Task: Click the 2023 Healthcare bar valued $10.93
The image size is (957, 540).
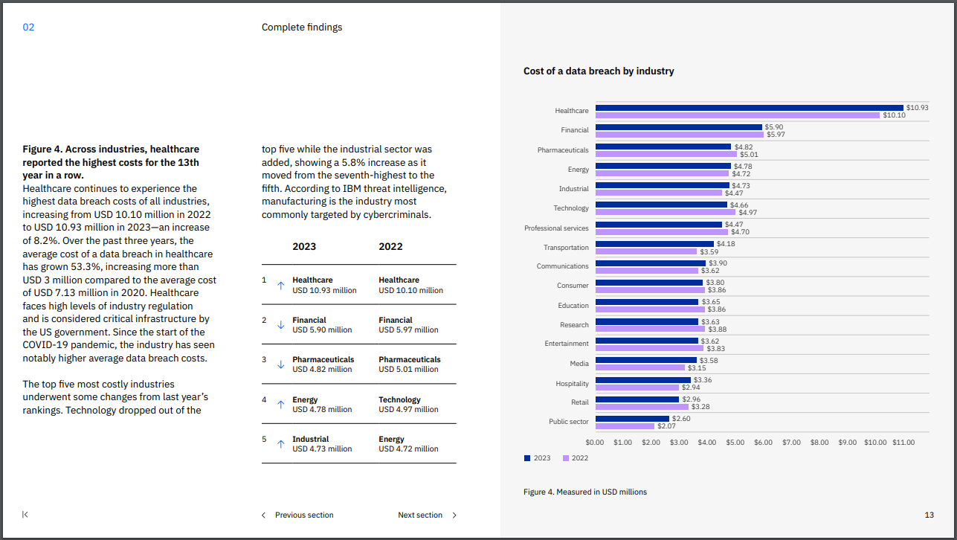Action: tap(749, 108)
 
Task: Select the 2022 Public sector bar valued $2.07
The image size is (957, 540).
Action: tap(625, 426)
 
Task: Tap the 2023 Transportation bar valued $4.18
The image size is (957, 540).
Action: tap(654, 244)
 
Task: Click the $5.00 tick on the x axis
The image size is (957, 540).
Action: tap(735, 442)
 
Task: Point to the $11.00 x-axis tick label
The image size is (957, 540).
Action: tap(903, 442)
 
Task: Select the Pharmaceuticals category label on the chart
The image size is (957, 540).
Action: tap(563, 150)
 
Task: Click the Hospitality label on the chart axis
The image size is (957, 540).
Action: tap(572, 384)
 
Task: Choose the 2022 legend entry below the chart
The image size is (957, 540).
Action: tap(576, 458)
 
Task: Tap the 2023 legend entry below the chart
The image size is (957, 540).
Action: tap(538, 458)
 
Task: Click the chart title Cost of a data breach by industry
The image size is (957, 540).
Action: tap(599, 71)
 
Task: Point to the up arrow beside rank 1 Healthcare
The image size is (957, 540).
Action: tap(280, 285)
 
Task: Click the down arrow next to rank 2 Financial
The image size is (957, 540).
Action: tap(280, 325)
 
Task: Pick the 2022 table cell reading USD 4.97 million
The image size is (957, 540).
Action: tap(408, 409)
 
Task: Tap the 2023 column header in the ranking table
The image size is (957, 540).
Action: tap(304, 247)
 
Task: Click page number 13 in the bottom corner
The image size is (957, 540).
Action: tap(929, 515)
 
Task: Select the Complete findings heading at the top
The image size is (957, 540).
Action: tap(302, 28)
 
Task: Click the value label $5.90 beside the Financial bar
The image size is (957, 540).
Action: tap(773, 127)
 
